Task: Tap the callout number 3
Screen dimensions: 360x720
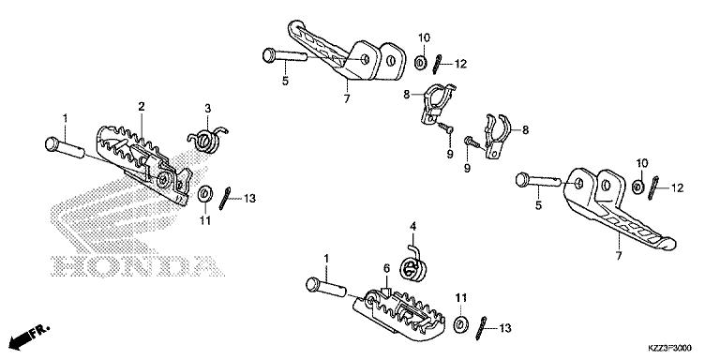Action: point(208,108)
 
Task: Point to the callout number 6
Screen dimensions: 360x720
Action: point(385,268)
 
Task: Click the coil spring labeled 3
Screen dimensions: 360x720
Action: point(207,137)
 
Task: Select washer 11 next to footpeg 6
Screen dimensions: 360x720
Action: point(460,324)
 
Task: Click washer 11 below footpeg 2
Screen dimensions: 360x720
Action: point(202,196)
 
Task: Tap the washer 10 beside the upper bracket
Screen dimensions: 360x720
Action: point(418,64)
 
